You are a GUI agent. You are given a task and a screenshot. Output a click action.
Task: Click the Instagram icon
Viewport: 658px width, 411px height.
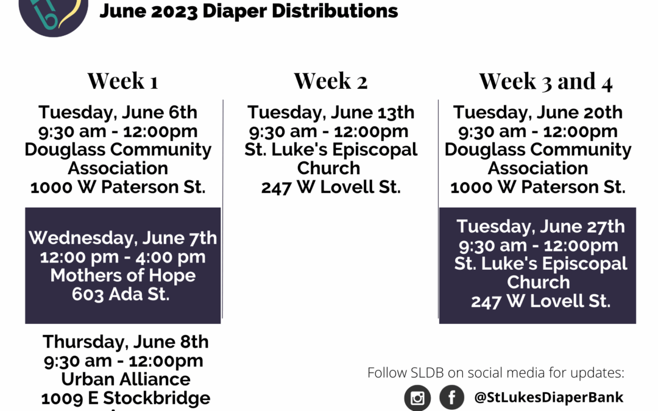pyautogui.click(x=417, y=398)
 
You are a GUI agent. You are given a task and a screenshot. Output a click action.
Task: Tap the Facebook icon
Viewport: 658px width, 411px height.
pyautogui.click(x=452, y=397)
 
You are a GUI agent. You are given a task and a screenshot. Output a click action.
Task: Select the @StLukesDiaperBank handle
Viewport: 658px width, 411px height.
pyautogui.click(x=549, y=397)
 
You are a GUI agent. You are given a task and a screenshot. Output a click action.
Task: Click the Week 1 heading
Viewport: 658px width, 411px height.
pyautogui.click(x=123, y=80)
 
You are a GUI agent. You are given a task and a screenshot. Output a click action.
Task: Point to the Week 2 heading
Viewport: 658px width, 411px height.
pyautogui.click(x=331, y=80)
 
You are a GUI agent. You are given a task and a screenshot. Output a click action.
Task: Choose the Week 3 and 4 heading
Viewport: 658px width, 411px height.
pyautogui.click(x=546, y=81)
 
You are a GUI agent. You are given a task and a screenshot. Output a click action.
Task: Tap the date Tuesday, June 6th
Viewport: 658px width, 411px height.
pyautogui.click(x=118, y=113)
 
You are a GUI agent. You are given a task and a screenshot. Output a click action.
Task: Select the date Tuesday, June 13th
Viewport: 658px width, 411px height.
pyautogui.click(x=331, y=113)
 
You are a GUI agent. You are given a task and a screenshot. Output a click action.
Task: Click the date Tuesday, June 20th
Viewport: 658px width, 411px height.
pyautogui.click(x=537, y=113)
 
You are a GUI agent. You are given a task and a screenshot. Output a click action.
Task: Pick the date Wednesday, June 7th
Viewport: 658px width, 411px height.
pyautogui.click(x=123, y=238)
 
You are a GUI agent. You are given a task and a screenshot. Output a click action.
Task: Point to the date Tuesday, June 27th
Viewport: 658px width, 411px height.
pyautogui.click(x=540, y=227)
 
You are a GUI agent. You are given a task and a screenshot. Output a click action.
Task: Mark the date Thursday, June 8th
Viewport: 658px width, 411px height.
pyautogui.click(x=126, y=342)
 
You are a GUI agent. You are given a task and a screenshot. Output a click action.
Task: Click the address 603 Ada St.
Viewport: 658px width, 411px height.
pyautogui.click(x=121, y=294)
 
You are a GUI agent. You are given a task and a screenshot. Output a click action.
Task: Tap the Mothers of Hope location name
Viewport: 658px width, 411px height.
pyautogui.click(x=123, y=276)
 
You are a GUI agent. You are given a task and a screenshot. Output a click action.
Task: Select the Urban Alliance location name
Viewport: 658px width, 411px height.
pyautogui.click(x=126, y=379)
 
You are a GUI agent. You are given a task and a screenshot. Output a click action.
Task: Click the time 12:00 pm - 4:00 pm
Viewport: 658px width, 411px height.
pyautogui.click(x=123, y=257)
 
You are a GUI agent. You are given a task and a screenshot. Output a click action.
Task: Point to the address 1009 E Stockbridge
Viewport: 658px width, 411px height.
pyautogui.click(x=126, y=398)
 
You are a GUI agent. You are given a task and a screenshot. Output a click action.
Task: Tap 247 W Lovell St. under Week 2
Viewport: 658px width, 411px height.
pyautogui.click(x=331, y=187)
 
